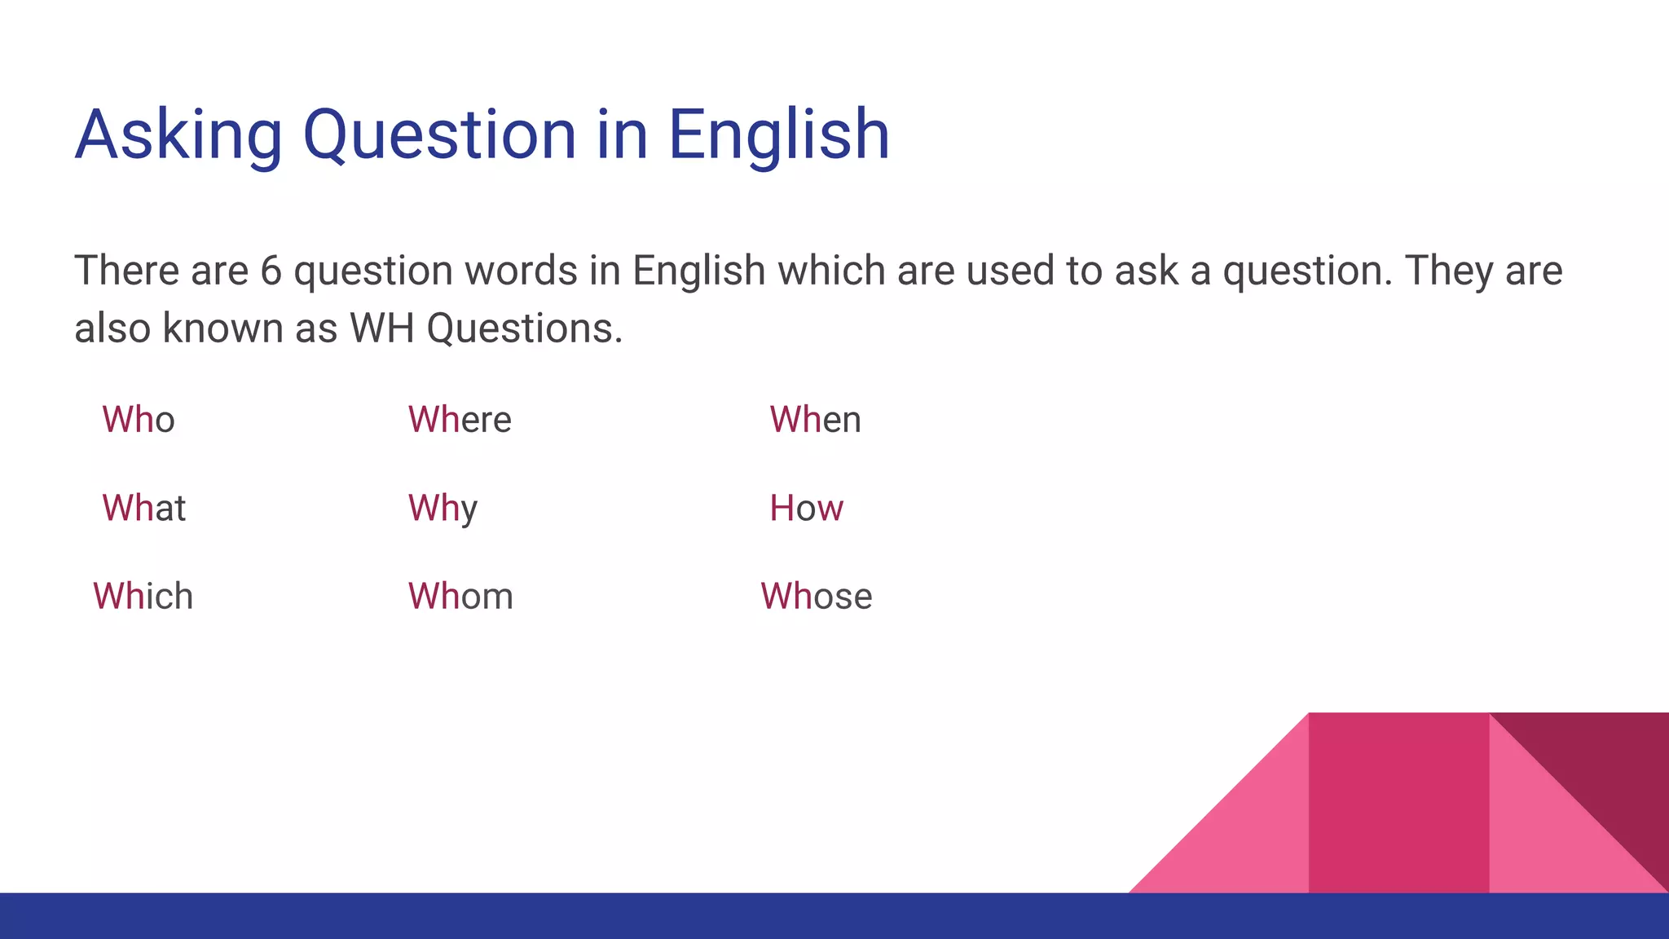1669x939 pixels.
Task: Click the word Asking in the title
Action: [x=178, y=134]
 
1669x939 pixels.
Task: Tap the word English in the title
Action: [x=778, y=134]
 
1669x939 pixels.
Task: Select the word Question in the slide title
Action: [x=439, y=134]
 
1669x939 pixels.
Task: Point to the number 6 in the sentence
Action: [x=271, y=271]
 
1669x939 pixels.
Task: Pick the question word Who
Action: [x=139, y=420]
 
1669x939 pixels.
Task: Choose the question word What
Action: [x=144, y=508]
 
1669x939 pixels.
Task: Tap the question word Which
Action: [x=143, y=596]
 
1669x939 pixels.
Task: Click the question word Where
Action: [x=460, y=420]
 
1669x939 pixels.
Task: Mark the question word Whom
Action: [x=460, y=596]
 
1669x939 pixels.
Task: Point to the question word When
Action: [x=815, y=420]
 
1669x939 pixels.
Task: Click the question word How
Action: [x=806, y=508]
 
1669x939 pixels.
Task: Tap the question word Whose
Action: [x=816, y=596]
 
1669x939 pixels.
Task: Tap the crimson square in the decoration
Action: [x=1398, y=803]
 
